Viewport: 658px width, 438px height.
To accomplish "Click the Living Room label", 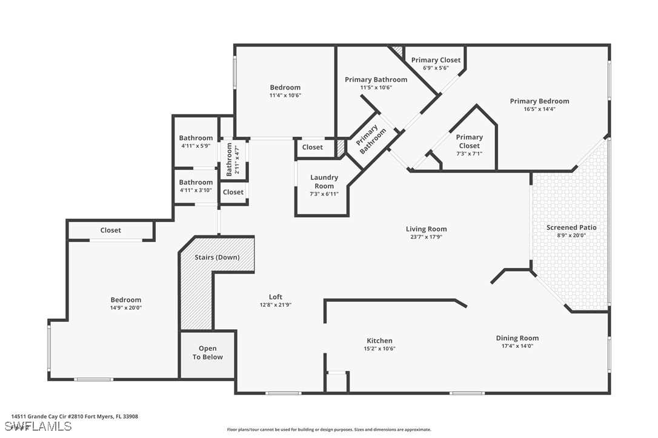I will coord(426,229).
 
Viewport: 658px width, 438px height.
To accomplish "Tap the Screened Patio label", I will coord(571,227).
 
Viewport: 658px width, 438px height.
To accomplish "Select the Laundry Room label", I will coord(324,181).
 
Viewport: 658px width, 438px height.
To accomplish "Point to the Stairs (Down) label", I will coord(217,257).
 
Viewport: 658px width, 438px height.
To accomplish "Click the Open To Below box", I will coord(208,353).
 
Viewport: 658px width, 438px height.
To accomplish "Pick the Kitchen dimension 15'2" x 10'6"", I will coord(379,349).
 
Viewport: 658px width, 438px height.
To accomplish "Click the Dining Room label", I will coord(517,338).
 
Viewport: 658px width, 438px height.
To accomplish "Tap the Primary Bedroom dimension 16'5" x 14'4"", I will coord(539,109).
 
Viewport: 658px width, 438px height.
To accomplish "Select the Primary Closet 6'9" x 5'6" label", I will coord(436,60).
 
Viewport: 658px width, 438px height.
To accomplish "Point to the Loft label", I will coord(276,297).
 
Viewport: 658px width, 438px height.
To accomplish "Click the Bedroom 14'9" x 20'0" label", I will coord(125,300).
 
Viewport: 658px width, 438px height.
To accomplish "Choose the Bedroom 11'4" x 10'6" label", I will coord(285,88).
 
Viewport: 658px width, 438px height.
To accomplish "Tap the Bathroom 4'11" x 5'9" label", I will coord(196,138).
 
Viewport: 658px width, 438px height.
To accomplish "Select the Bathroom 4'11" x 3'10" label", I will coord(196,182).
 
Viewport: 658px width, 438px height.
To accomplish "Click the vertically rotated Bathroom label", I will coord(230,159).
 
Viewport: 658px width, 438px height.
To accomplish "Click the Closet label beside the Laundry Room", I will coord(313,147).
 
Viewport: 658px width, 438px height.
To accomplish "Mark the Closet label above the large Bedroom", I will coord(110,230).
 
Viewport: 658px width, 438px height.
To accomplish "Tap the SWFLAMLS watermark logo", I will coord(36,427).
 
